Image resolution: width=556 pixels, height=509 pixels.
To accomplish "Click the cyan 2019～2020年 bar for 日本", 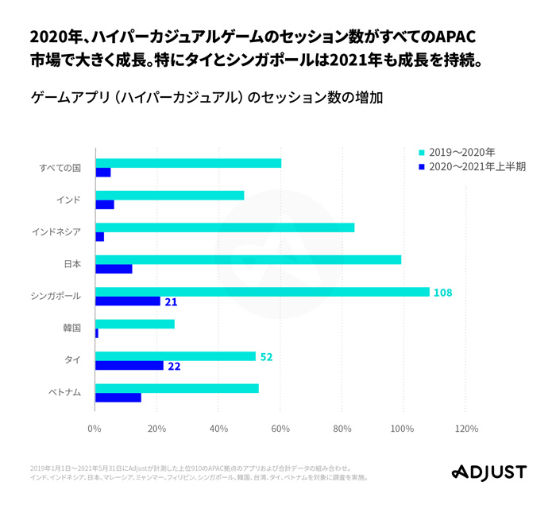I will (x=248, y=259).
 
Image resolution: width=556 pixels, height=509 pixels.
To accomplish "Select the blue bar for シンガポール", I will (x=127, y=301).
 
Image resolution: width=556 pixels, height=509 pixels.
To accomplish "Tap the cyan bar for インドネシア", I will (x=225, y=227).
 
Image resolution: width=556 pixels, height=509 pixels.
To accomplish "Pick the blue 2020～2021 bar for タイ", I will (x=129, y=366).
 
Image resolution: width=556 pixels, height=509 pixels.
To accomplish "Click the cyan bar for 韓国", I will (x=134, y=324).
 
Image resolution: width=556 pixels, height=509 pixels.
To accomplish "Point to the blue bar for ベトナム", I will (x=118, y=398).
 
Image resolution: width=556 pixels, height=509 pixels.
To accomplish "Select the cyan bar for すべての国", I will (x=188, y=163).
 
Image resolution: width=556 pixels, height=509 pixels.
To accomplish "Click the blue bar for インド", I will (x=104, y=204).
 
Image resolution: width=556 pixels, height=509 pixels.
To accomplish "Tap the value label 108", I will (x=442, y=293).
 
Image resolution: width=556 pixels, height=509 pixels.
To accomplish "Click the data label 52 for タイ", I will (x=266, y=357).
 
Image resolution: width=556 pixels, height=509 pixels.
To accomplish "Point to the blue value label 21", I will (x=171, y=302).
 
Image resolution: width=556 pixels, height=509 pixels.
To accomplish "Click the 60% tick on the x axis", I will (x=280, y=429).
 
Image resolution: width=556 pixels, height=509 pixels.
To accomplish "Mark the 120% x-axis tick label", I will (x=466, y=429).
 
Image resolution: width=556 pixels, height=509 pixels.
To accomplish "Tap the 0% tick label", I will (x=95, y=429).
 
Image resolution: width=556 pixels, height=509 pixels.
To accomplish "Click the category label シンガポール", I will (x=56, y=296).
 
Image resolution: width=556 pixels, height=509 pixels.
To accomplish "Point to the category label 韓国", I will (x=71, y=328).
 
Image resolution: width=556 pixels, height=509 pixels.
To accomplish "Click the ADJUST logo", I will (x=488, y=472).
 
